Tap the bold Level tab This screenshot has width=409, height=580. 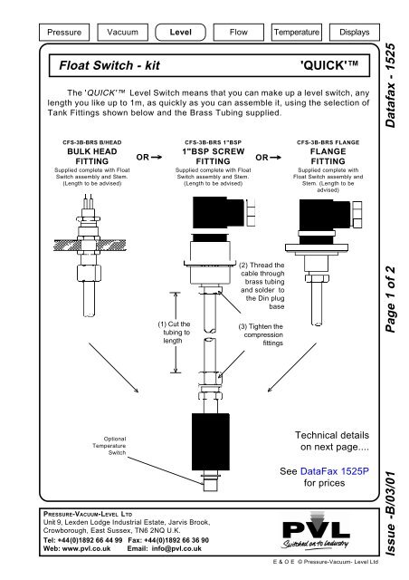[179, 33]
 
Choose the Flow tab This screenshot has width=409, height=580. [237, 33]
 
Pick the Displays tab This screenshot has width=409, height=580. [352, 33]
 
